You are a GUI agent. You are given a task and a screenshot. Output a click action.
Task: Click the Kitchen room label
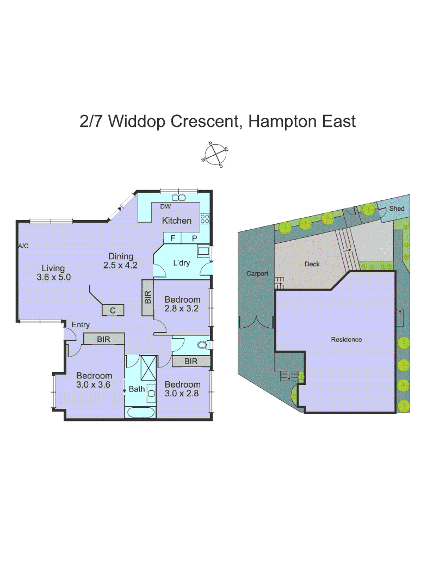click(177, 220)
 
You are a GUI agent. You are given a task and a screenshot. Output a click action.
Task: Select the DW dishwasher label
click(165, 206)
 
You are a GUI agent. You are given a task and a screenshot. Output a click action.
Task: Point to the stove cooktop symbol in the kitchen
click(205, 219)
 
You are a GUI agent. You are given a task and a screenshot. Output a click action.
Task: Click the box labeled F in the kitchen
click(172, 238)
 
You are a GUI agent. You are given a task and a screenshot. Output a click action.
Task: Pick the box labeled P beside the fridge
click(194, 238)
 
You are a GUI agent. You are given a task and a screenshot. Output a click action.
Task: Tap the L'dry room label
click(181, 263)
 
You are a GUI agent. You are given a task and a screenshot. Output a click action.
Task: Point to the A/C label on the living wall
click(23, 246)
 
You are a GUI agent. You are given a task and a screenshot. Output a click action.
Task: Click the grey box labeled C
click(113, 310)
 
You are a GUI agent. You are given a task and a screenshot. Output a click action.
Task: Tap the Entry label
click(81, 325)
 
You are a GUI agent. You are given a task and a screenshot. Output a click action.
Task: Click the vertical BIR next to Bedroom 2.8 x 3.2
click(148, 298)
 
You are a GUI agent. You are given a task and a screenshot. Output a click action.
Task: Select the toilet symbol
click(201, 345)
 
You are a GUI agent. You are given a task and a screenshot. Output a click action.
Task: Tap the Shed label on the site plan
click(397, 209)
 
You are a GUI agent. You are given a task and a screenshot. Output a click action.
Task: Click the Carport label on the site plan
click(257, 274)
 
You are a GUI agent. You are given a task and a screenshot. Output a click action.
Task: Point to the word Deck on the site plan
click(312, 264)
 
